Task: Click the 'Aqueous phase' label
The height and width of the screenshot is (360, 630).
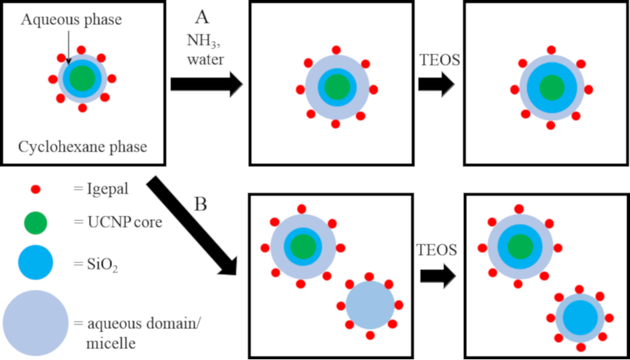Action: (x=72, y=20)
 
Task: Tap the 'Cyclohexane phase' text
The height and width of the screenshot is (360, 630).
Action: (x=83, y=147)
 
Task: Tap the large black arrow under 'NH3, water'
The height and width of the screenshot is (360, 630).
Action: (x=206, y=84)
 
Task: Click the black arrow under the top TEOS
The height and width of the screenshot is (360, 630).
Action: (x=436, y=84)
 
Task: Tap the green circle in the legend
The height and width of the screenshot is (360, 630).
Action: (x=35, y=224)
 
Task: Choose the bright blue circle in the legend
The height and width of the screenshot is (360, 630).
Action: (x=35, y=263)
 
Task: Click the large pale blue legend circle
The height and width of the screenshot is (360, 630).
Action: (x=35, y=322)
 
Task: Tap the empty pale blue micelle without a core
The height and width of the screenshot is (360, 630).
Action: (x=370, y=305)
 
